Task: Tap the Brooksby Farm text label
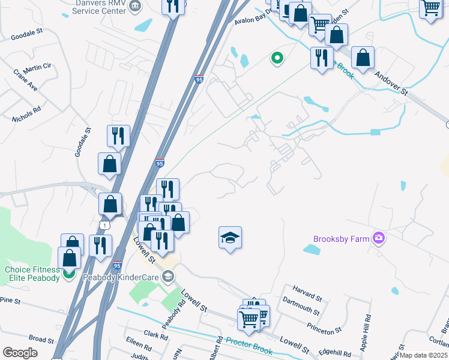[x=341, y=239]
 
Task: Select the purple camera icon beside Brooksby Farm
[x=378, y=238]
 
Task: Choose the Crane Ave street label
[x=25, y=80]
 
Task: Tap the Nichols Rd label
[x=29, y=113]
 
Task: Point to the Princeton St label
[x=324, y=328]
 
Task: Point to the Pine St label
[x=10, y=299]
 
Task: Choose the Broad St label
[x=41, y=339]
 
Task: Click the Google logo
[x=20, y=352]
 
